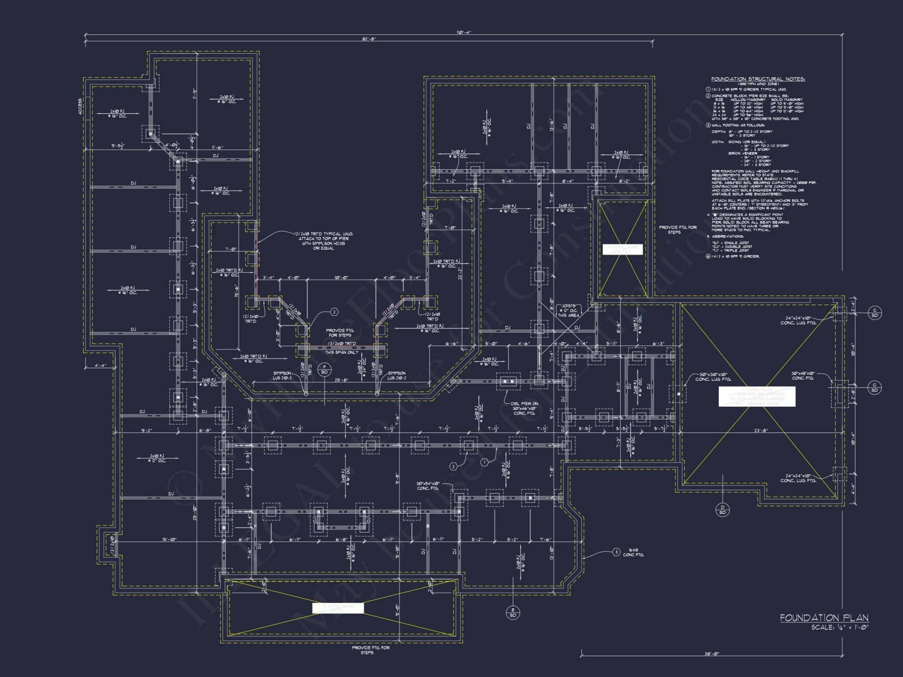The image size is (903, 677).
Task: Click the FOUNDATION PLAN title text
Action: (824, 618)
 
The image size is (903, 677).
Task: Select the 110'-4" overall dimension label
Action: (463, 32)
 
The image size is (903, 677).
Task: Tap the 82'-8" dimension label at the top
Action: (368, 39)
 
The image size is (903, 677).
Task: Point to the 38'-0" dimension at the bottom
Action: (712, 654)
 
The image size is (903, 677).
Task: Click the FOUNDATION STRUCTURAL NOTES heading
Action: (758, 79)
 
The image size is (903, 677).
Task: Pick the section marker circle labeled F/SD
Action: (324, 369)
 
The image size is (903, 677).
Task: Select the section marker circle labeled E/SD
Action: (512, 612)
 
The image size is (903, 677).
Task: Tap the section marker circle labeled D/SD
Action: (722, 510)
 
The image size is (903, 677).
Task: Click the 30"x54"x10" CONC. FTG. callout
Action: (428, 486)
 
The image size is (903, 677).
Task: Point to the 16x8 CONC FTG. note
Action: (633, 552)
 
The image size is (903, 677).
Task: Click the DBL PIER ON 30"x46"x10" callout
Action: (524, 408)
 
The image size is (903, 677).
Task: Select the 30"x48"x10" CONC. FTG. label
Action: (802, 376)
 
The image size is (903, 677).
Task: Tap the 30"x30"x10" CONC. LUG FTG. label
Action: (713, 377)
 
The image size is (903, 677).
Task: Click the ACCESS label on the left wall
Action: (80, 107)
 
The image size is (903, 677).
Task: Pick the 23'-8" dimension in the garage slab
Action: (760, 431)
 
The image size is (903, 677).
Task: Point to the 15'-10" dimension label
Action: (169, 539)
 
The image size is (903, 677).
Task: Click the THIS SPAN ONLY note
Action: (341, 352)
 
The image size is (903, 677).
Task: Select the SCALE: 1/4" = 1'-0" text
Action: (840, 627)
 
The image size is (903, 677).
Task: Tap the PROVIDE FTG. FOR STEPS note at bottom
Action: (370, 650)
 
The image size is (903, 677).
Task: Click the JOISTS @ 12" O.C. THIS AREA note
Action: (568, 311)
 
